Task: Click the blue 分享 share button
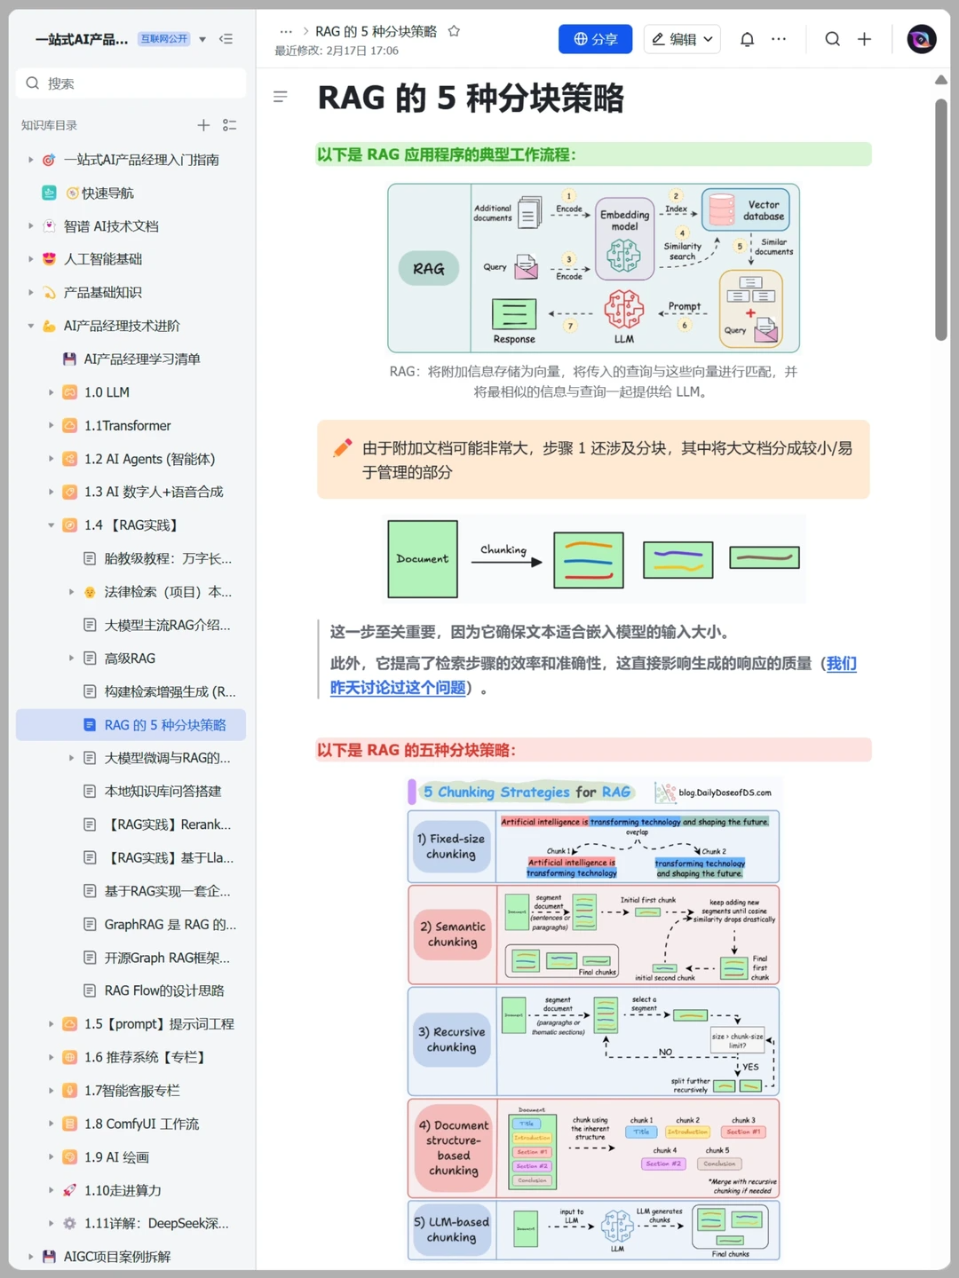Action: pos(595,39)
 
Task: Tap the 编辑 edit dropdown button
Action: pos(682,39)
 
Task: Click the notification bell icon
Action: pos(747,39)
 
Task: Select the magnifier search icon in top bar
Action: pos(832,39)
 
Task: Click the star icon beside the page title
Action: pos(454,31)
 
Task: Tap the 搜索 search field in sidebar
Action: pos(131,83)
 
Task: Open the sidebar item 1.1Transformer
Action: pos(127,425)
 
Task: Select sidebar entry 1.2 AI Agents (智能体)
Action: pos(149,459)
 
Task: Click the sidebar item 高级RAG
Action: pos(130,659)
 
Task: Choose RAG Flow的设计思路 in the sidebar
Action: pos(164,990)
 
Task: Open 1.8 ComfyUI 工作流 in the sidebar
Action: pos(141,1124)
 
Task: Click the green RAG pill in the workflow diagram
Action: pos(428,268)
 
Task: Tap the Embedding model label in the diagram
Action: pos(624,220)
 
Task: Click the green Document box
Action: pos(423,559)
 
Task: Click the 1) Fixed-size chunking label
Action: pos(451,847)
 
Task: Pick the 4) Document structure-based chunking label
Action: pos(453,1148)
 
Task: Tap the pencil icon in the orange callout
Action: pos(342,448)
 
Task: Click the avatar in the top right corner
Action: pos(922,39)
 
